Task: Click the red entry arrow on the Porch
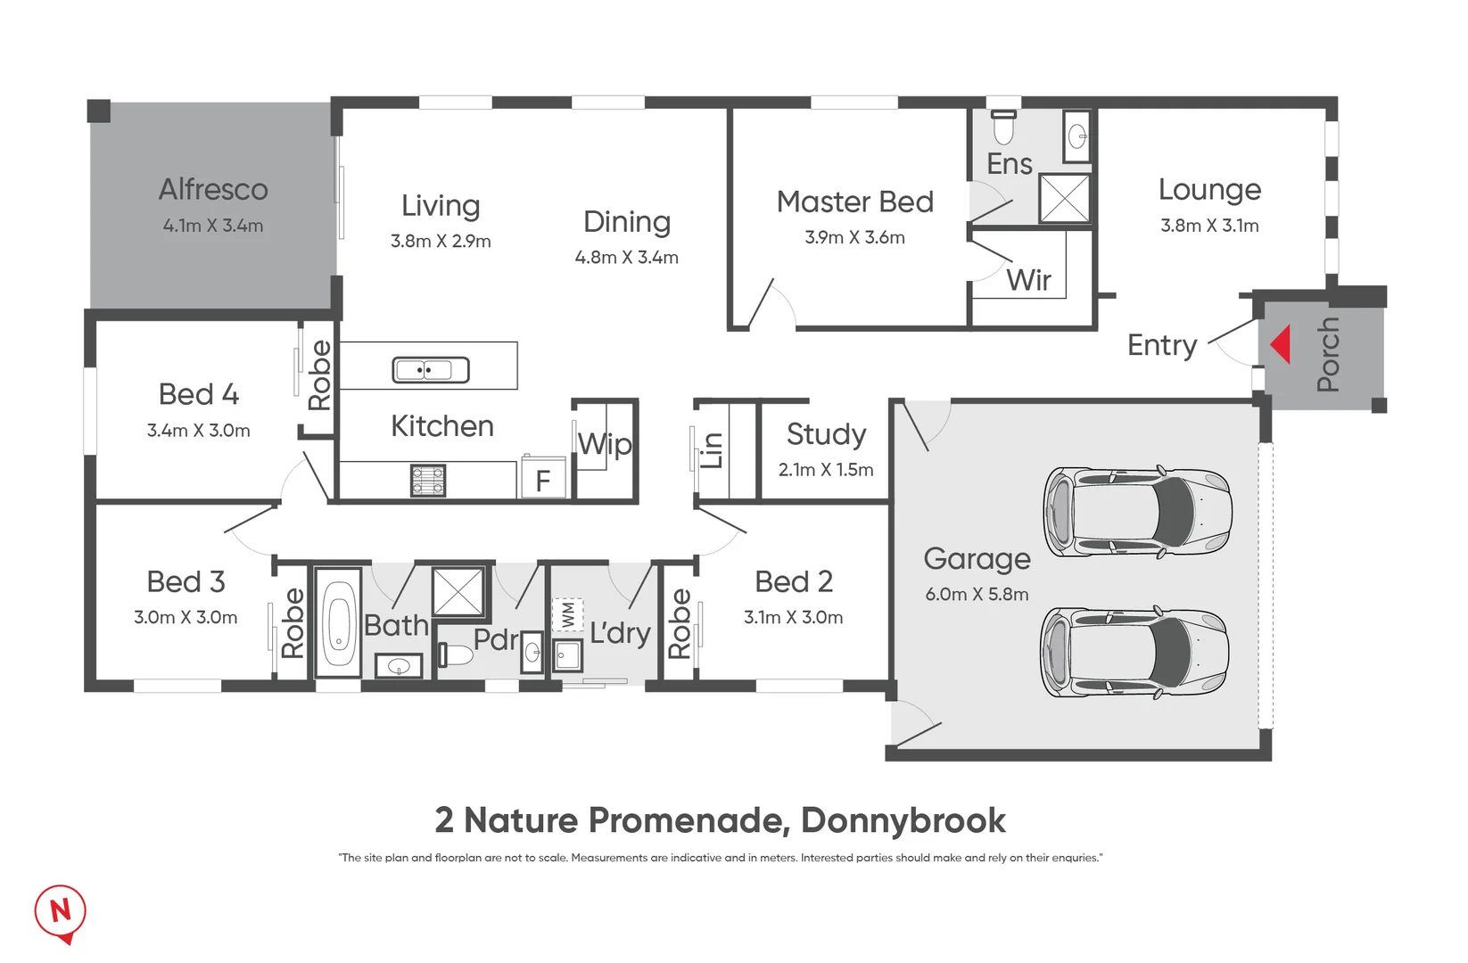[1282, 344]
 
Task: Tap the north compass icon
[60, 911]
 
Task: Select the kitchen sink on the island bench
[431, 369]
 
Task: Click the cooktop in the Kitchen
[428, 481]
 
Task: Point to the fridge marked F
[542, 480]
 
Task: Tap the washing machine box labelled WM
[568, 614]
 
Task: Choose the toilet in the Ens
[1004, 127]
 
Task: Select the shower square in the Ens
[1065, 198]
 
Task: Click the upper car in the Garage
[1138, 512]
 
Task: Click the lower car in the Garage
[1135, 653]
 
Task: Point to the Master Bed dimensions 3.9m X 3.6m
[854, 238]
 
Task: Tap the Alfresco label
[213, 190]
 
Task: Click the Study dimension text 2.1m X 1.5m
[826, 470]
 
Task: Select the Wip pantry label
[605, 444]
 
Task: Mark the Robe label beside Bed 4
[319, 375]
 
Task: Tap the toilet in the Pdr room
[456, 656]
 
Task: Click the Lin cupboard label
[712, 450]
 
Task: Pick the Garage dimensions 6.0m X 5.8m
[977, 595]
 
